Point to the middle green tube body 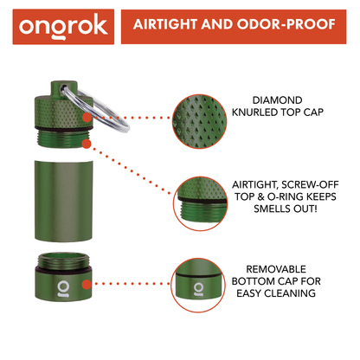click(x=63, y=190)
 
